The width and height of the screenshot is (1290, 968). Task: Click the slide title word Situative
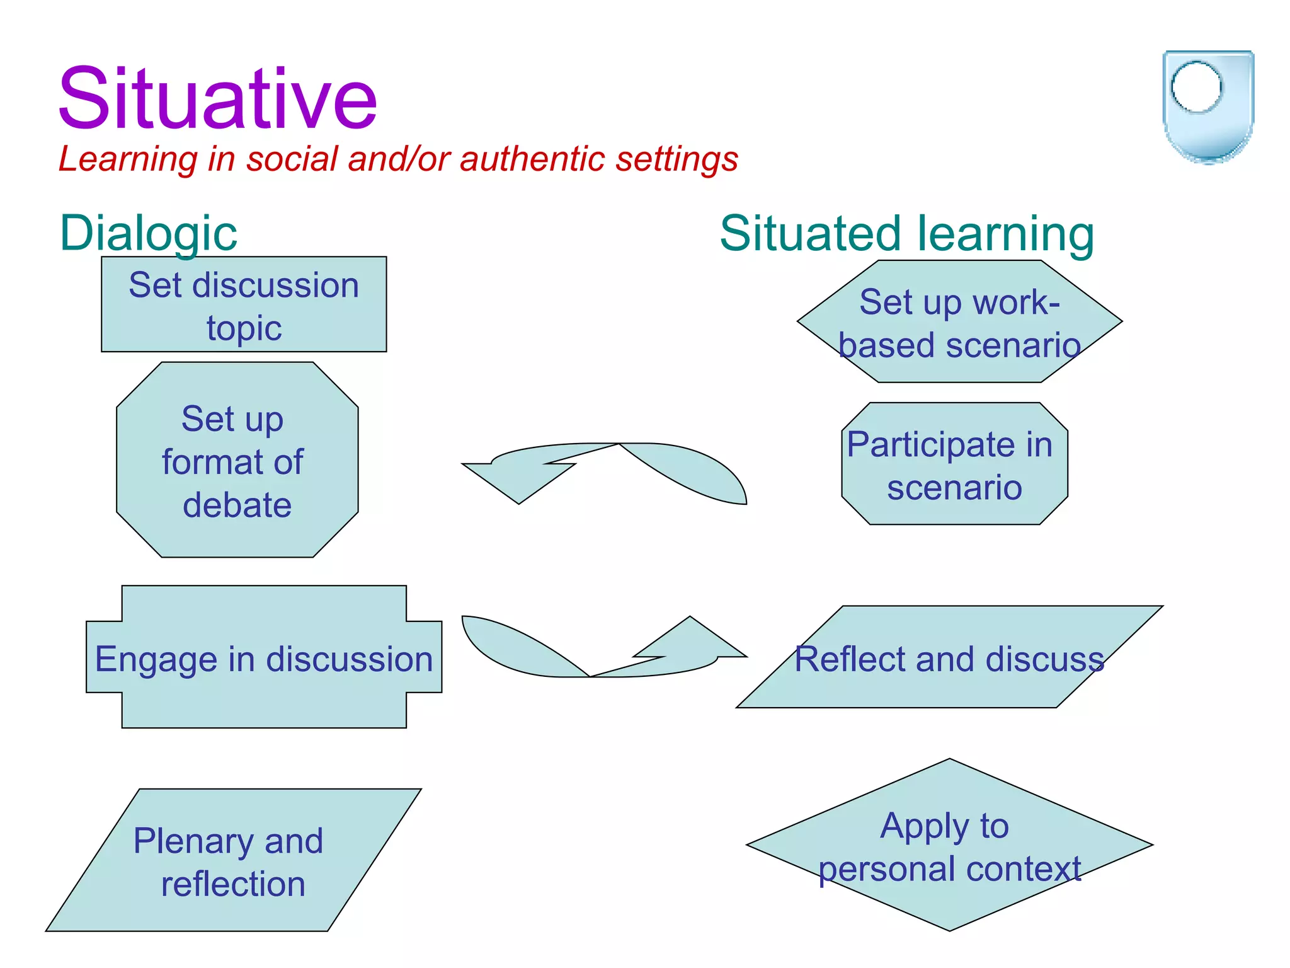[217, 99]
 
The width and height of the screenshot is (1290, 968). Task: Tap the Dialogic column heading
[148, 233]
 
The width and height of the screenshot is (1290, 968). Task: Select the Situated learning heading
[906, 233]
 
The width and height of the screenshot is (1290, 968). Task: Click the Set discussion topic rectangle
[244, 305]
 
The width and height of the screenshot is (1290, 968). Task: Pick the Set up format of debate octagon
[237, 460]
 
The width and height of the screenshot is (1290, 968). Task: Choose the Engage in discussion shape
[264, 658]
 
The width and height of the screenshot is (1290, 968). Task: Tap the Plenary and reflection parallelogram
[233, 860]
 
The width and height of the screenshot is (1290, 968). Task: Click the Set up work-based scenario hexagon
[959, 322]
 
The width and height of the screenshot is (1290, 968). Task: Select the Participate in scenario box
[954, 464]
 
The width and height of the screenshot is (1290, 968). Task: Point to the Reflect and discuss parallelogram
[949, 658]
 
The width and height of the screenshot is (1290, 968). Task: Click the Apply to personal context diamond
[949, 845]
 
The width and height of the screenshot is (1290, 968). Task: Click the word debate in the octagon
[237, 505]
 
